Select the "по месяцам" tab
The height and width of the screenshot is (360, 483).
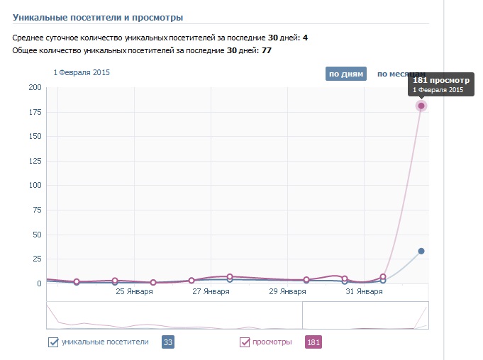point(401,74)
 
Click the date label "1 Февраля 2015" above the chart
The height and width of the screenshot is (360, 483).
point(82,72)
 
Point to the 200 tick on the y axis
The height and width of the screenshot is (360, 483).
point(35,88)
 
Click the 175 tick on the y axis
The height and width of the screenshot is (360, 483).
point(35,112)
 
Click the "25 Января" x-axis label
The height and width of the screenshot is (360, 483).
point(134,291)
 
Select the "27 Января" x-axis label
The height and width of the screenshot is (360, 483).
point(211,291)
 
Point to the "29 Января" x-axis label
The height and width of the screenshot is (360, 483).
point(287,291)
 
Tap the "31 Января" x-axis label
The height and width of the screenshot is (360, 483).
point(364,291)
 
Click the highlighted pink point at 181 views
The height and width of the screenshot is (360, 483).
point(421,106)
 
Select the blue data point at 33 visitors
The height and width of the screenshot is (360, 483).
point(421,251)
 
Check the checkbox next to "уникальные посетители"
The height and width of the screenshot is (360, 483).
point(52,342)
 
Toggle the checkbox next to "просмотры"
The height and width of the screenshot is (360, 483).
point(245,342)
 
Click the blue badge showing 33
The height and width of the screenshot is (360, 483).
point(169,342)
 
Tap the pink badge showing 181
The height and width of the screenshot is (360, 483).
point(313,342)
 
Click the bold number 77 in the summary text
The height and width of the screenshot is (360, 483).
point(267,51)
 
